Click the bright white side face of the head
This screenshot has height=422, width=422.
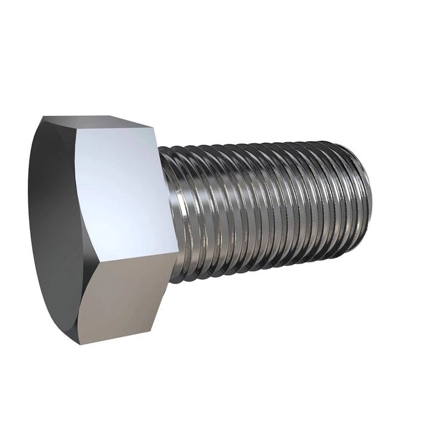tap(124, 187)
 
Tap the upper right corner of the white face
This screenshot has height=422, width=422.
tap(156, 127)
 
